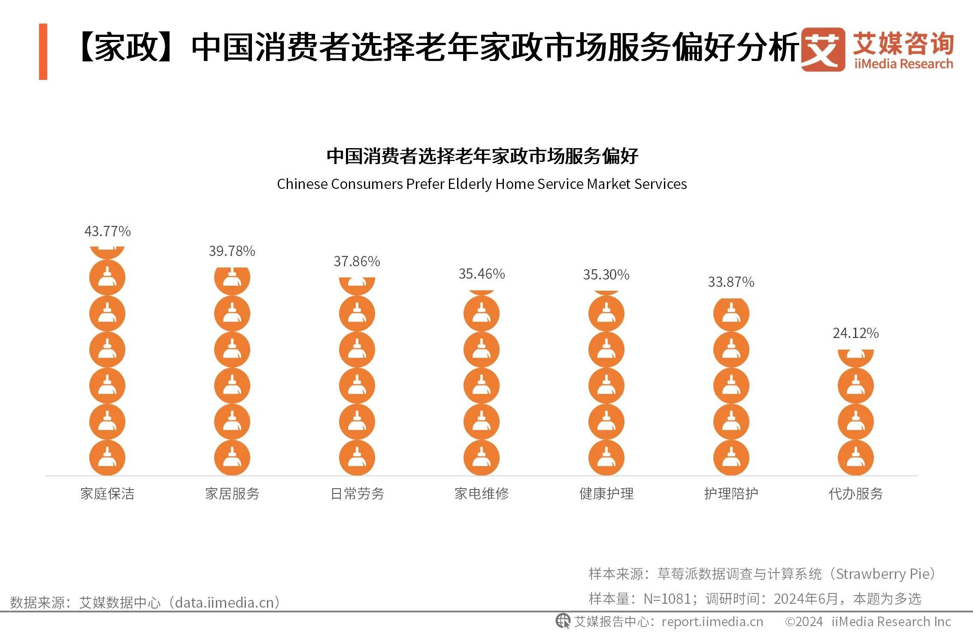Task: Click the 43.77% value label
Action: pos(107,231)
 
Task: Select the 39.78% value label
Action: pos(232,251)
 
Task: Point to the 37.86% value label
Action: pos(357,262)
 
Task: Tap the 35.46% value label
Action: pos(482,274)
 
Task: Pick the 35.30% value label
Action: pos(606,275)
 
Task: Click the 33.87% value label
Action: pos(731,282)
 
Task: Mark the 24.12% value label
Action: pos(855,333)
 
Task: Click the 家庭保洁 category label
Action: pos(107,494)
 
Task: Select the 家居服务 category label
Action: pos(232,494)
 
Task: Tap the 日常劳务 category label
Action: pos(357,494)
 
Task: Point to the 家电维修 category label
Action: pos(482,494)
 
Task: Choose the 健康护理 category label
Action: pos(606,494)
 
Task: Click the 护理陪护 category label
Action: pos(731,494)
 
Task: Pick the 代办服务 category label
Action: pos(855,494)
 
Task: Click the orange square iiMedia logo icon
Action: pos(822,49)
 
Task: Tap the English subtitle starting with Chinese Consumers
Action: pos(482,184)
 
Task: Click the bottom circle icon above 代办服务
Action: pos(855,458)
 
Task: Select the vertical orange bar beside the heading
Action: pos(43,52)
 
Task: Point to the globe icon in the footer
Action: pos(563,621)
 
